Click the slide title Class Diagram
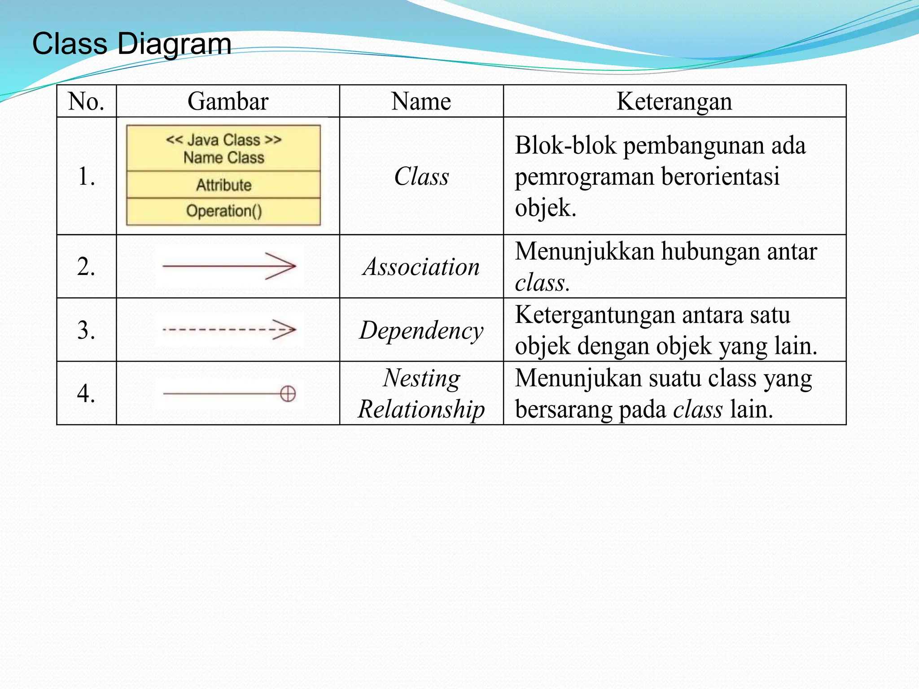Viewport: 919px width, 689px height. point(132,44)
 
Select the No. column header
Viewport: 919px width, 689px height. point(86,101)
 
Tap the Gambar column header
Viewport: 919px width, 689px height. point(228,101)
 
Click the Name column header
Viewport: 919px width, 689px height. point(421,101)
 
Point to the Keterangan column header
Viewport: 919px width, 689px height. point(674,101)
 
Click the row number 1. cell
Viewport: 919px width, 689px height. point(86,176)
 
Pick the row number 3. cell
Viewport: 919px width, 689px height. point(86,330)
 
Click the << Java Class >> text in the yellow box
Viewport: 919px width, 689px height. point(223,140)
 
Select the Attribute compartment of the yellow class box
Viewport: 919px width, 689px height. point(223,185)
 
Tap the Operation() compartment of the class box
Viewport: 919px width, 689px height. point(223,211)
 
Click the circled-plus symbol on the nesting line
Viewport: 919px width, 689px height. point(288,394)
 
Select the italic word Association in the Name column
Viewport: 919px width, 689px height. point(421,267)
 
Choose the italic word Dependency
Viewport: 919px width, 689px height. point(421,331)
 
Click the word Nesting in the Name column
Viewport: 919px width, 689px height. point(421,378)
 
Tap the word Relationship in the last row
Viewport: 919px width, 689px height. point(421,409)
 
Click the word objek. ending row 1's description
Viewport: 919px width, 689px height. point(545,208)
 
